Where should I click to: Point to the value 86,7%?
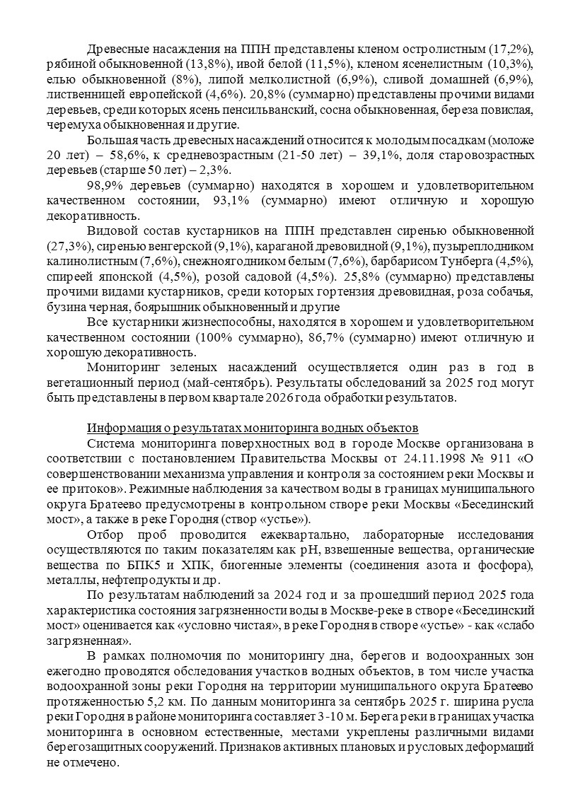(x=330, y=337)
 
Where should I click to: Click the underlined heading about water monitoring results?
(x=253, y=428)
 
